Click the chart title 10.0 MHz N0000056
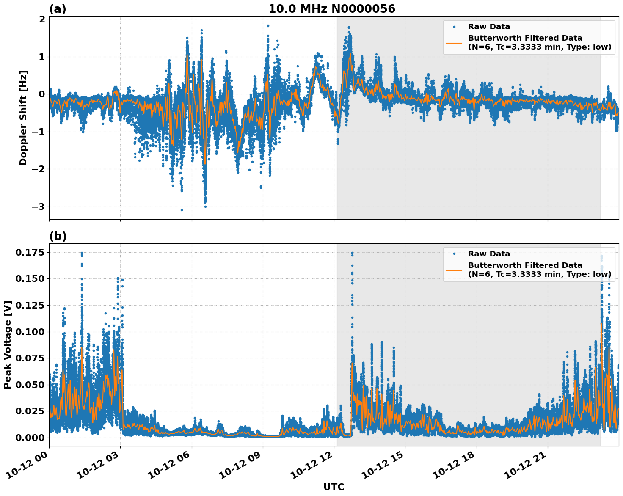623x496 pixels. [x=332, y=9]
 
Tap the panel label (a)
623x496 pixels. [x=58, y=9]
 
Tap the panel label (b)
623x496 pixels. [x=58, y=236]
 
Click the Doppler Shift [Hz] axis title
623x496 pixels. [x=23, y=118]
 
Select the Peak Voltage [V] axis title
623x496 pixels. [x=7, y=344]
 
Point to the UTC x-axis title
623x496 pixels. [x=334, y=487]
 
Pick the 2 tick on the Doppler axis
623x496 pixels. [x=42, y=19]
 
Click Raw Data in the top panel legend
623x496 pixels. [x=489, y=27]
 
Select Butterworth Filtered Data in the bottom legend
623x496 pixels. [x=525, y=265]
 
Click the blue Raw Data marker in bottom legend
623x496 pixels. [x=454, y=254]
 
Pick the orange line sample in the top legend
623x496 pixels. [x=454, y=42]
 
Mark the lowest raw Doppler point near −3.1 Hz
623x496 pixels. [x=182, y=210]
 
